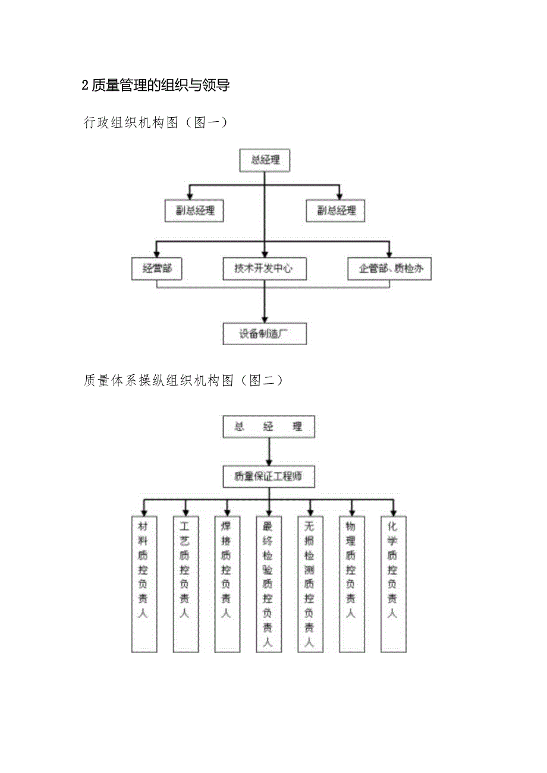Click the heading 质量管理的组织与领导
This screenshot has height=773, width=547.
(156, 86)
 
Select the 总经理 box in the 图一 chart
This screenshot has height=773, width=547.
(264, 160)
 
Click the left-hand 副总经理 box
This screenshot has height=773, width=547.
(194, 211)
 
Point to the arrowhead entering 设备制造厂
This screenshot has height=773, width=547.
(265, 318)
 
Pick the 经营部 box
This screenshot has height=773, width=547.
(157, 269)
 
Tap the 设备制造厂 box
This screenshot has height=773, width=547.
(265, 334)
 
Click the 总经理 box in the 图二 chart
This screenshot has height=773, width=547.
(269, 427)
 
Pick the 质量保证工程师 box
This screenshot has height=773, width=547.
(269, 476)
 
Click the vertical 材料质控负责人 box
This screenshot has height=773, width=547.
(144, 583)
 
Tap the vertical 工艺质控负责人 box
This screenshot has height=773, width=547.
(186, 583)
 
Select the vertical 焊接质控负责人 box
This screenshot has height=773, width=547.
(227, 583)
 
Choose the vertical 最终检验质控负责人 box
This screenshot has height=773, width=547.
(269, 583)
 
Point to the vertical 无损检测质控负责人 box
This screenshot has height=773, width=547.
(310, 583)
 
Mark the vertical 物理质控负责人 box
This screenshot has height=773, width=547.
(352, 583)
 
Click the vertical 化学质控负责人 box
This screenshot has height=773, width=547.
(394, 583)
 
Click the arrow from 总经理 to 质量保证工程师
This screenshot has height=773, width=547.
(269, 452)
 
